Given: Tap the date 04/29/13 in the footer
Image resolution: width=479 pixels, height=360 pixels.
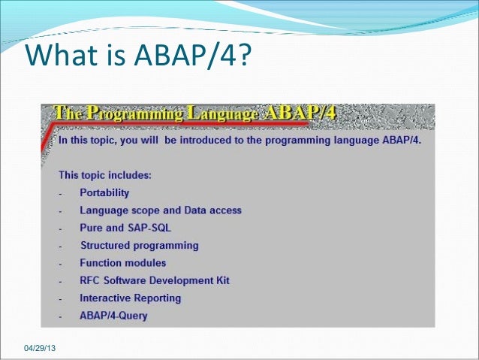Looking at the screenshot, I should tap(44, 349).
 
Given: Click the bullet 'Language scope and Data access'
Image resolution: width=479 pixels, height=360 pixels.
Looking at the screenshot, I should tap(160, 210).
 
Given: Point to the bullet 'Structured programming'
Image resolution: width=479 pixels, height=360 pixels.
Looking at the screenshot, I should tap(139, 246).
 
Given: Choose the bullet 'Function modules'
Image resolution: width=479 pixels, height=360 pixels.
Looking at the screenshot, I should tap(123, 263).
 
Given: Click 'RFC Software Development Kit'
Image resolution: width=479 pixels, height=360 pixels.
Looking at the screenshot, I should tap(155, 280).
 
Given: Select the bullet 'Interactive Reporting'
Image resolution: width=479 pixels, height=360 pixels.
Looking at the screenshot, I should tap(131, 298).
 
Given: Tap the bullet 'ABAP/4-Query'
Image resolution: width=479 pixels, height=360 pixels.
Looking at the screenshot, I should tap(113, 316).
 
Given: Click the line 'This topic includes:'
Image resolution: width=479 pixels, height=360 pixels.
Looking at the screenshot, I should tap(105, 176).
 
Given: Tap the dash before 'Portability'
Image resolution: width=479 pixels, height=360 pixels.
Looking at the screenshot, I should tap(60, 194).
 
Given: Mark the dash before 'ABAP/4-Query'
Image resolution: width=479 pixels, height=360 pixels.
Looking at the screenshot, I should tap(60, 316).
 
